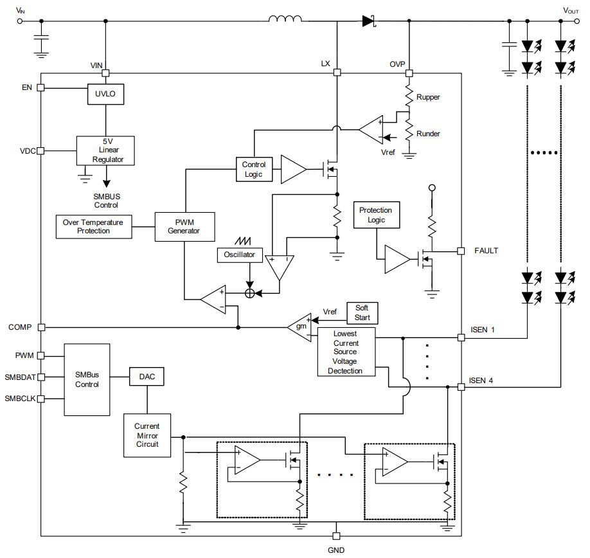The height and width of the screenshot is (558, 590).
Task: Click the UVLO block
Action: (x=105, y=94)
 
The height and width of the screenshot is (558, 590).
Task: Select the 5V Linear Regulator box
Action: (x=105, y=150)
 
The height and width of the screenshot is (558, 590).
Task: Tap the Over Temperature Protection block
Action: (x=94, y=226)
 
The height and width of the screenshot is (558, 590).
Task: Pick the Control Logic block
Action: (x=253, y=169)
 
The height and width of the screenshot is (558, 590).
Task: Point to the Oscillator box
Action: (x=240, y=255)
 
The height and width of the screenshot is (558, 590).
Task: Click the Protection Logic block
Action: (x=376, y=215)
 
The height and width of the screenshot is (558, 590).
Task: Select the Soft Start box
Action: (x=362, y=312)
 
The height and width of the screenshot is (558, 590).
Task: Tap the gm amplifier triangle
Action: (x=300, y=326)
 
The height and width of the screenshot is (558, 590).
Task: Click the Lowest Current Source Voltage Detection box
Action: (x=346, y=352)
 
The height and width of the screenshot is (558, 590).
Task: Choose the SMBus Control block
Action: (x=87, y=379)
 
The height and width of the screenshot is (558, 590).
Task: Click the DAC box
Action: (x=147, y=377)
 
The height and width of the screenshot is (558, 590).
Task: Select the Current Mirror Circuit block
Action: (x=147, y=435)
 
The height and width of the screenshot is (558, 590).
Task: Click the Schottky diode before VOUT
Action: (x=368, y=21)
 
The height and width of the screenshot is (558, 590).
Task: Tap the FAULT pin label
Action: (x=486, y=251)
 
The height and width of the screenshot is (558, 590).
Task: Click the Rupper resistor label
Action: (x=428, y=97)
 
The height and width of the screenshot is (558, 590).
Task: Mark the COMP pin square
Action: (x=41, y=327)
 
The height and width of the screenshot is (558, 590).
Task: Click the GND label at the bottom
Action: (x=336, y=550)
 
